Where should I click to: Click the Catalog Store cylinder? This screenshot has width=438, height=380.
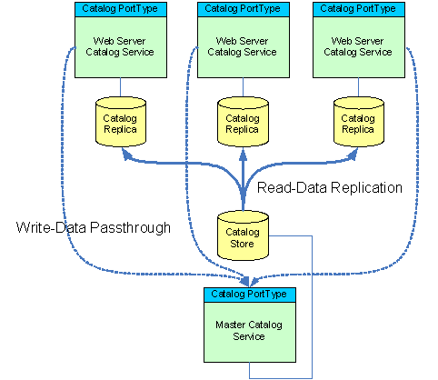pos(243,235)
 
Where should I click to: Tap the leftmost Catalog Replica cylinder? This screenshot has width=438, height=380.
pos(121,122)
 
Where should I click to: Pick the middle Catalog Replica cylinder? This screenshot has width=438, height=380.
pos(243,122)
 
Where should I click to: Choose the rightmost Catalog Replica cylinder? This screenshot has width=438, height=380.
pos(359,122)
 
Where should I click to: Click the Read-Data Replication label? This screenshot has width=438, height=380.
pos(330,187)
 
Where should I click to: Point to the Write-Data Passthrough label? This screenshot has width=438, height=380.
pos(94,227)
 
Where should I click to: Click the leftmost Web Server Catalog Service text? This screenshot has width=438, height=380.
pos(120,46)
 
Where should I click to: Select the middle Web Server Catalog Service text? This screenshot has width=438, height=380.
pos(242,46)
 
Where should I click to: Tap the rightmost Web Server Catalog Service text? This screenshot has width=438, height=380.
pos(358,46)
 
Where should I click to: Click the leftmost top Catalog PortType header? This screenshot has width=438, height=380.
pos(121,9)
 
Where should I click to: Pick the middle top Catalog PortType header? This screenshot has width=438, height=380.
pos(244,9)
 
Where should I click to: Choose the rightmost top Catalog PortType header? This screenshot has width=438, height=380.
pos(359,9)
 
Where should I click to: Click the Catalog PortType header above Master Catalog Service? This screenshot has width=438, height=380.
pos(250,295)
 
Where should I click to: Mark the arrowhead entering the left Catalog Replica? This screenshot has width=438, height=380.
pos(126,154)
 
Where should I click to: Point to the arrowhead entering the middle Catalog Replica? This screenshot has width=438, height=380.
pos(243,154)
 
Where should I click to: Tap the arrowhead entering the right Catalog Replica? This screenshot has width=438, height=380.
pos(353,154)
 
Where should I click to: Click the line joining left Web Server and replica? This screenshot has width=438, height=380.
pos(121,87)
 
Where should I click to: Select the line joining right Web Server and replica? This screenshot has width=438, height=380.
pos(359,87)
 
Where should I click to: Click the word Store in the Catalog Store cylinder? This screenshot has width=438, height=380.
pos(242,244)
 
